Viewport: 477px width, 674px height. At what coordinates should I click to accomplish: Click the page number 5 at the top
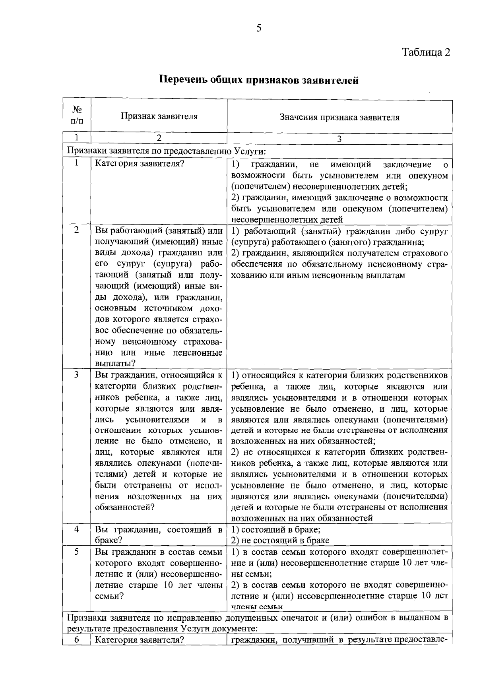point(259,28)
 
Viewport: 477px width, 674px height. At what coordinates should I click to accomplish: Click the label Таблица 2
point(426,52)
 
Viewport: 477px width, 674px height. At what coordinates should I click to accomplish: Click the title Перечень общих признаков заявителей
point(259,80)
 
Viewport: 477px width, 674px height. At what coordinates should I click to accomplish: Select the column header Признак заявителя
point(159,116)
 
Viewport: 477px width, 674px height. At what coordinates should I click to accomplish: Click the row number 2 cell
point(76,230)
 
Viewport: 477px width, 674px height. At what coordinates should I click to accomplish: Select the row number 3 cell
point(76,375)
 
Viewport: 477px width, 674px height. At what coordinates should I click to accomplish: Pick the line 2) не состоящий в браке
point(280,540)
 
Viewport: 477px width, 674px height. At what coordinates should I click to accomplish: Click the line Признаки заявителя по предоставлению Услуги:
point(166,151)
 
